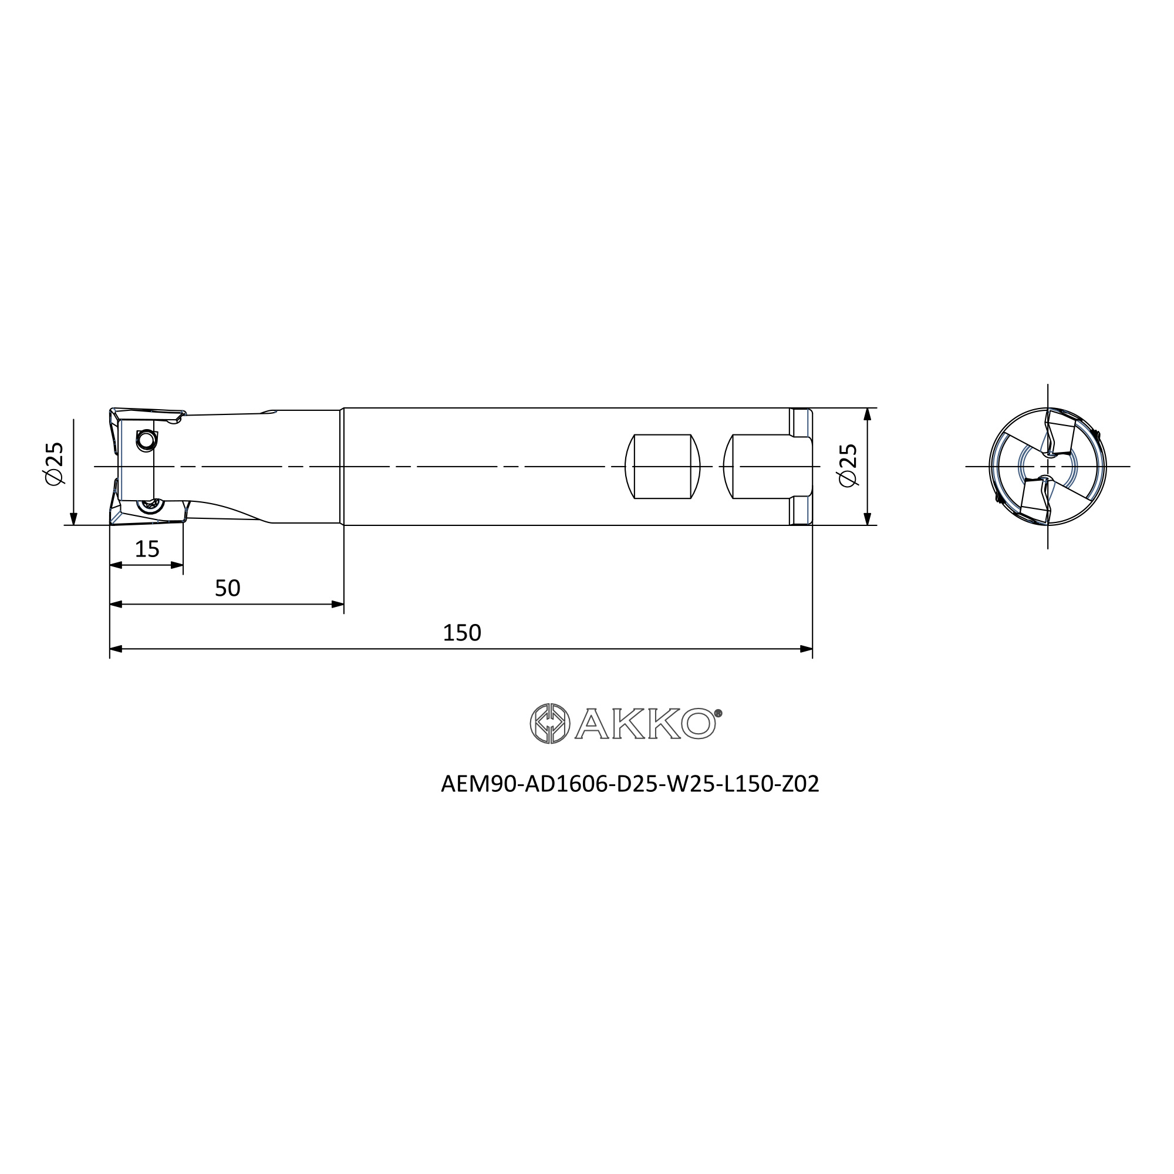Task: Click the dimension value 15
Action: tap(147, 549)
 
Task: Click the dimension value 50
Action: tap(228, 588)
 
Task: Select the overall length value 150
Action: tap(462, 633)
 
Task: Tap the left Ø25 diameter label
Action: tap(53, 463)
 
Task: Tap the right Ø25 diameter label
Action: tap(848, 465)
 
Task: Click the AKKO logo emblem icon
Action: tap(550, 724)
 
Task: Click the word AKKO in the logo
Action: tap(645, 724)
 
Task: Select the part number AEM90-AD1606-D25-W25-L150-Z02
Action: tap(630, 784)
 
